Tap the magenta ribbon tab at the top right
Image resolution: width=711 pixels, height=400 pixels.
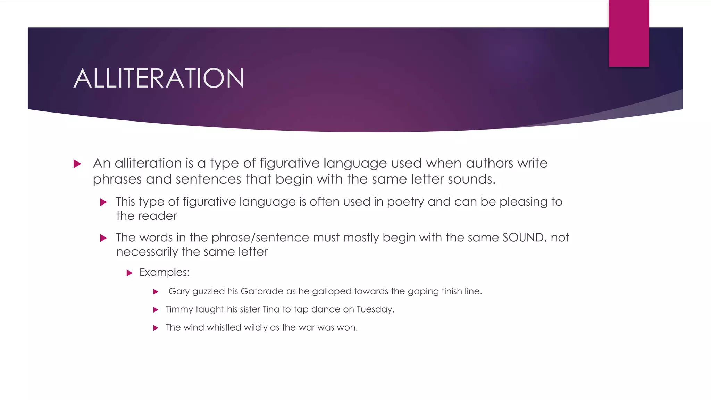[x=628, y=33]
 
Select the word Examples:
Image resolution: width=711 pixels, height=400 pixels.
[x=165, y=273]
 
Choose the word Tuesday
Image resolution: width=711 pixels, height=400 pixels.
[x=375, y=309]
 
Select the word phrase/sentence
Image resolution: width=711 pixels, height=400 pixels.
[x=260, y=237]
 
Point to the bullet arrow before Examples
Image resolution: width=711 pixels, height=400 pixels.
[x=129, y=273]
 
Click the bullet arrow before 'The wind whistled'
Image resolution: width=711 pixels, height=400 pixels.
[x=156, y=328]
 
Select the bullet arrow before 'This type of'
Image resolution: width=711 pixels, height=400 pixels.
[x=103, y=202]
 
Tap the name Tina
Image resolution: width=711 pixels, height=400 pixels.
[x=271, y=309]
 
